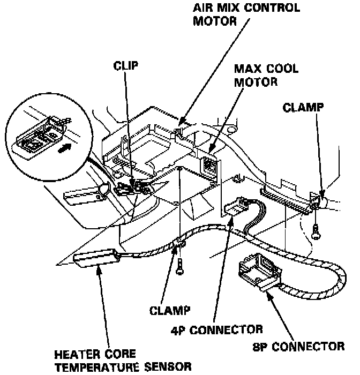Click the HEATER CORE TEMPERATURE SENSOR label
coord(122,361)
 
